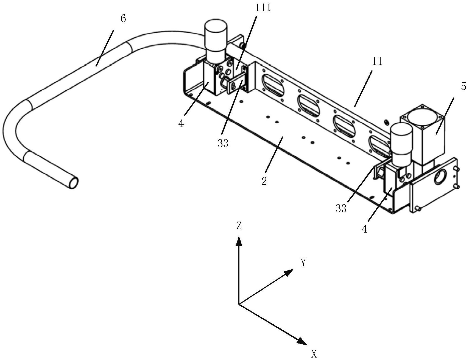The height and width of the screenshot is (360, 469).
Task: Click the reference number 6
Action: [123, 19]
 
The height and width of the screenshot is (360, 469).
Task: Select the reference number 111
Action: [263, 7]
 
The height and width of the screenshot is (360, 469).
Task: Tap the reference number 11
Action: [377, 62]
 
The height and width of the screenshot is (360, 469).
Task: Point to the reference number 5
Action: [463, 87]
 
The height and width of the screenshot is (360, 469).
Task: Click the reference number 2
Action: [264, 181]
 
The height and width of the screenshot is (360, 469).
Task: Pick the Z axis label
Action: [239, 226]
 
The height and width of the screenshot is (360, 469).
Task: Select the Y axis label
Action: [303, 263]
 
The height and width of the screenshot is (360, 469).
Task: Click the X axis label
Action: [314, 354]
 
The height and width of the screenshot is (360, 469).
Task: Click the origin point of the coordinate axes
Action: [239, 304]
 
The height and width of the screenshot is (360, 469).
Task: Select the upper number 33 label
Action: [223, 143]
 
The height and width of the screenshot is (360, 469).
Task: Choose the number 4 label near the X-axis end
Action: [364, 229]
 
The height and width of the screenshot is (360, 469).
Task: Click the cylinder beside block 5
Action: [401, 143]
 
